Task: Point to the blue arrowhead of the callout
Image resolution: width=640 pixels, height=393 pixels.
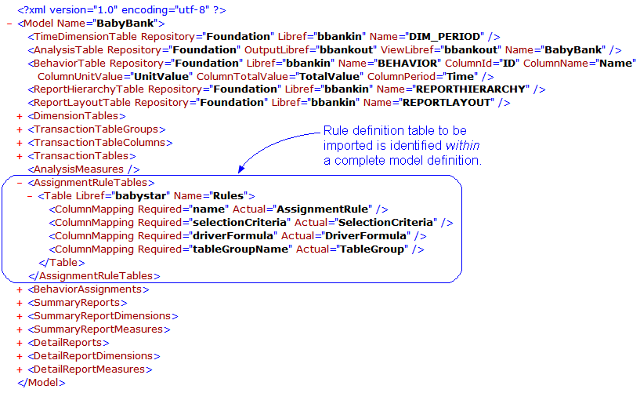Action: point(242,169)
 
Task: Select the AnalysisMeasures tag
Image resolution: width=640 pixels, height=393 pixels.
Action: point(83,169)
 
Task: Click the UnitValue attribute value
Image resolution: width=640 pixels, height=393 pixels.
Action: point(162,76)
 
